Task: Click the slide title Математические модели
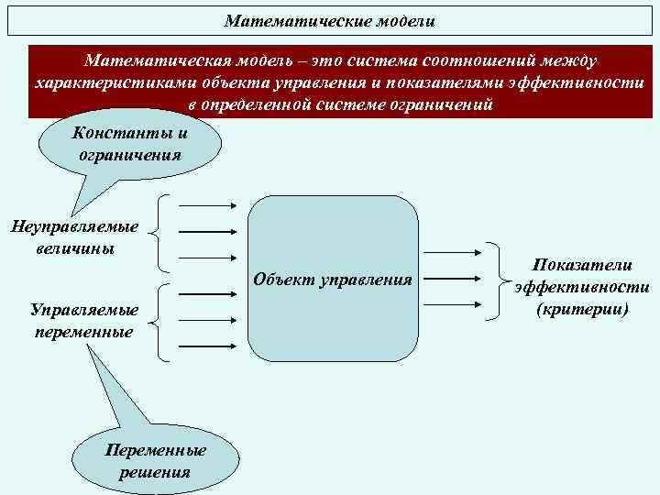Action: [330, 20]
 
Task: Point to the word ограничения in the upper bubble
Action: [130, 155]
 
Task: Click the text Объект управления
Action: [333, 278]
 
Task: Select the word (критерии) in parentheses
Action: [582, 309]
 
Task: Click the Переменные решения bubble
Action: [156, 460]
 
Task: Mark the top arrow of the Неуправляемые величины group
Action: [209, 208]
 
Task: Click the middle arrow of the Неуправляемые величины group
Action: [209, 233]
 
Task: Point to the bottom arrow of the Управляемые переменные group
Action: [209, 346]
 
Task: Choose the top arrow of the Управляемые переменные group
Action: [209, 295]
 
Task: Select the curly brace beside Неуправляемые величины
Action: [162, 234]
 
